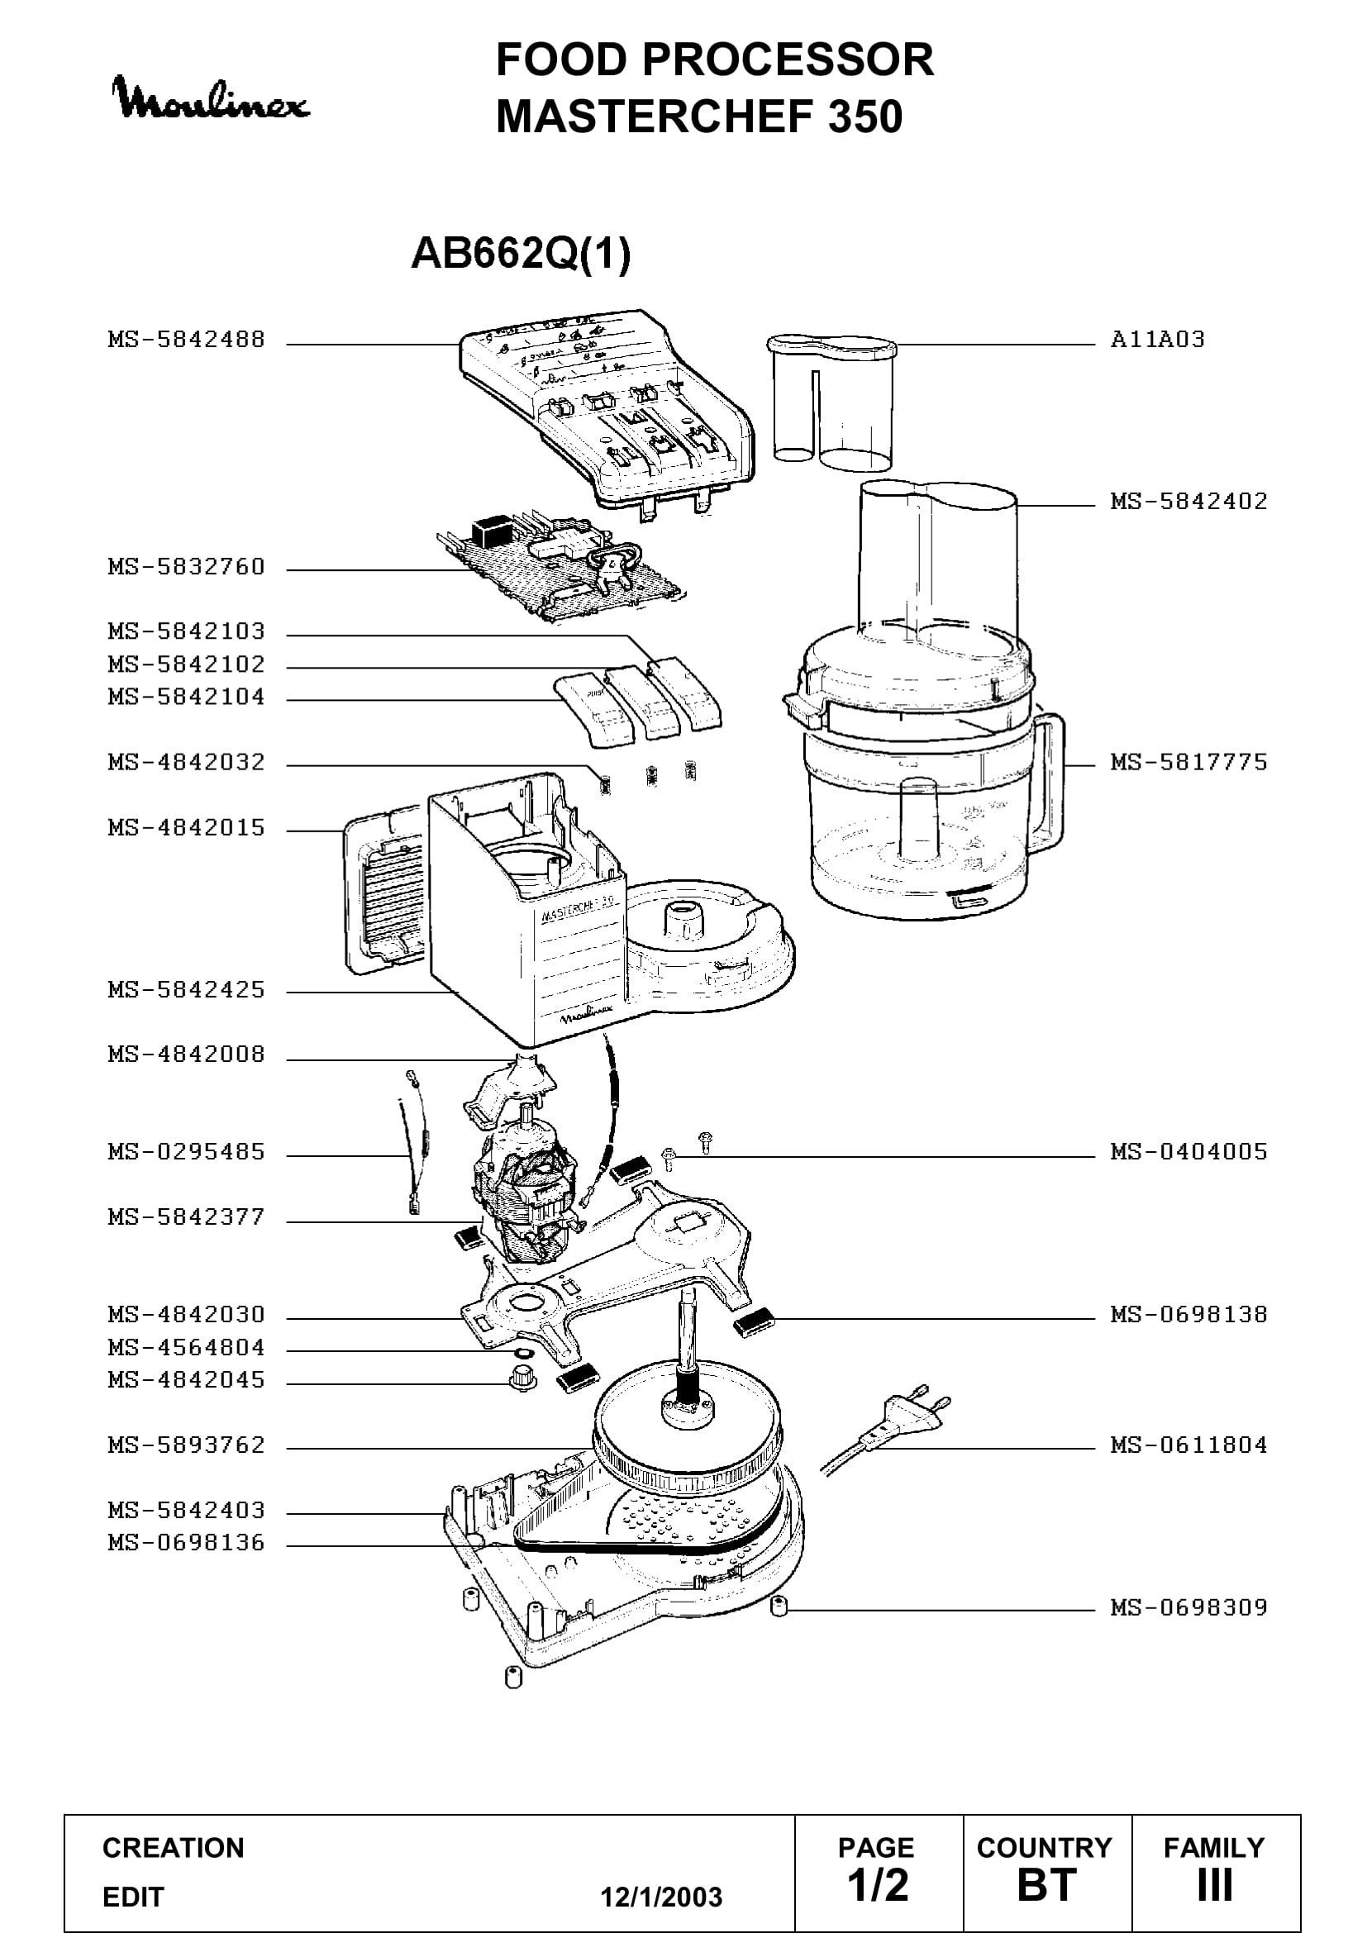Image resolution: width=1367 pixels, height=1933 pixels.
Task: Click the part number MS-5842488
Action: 186,340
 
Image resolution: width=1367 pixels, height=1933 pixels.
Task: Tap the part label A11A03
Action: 1157,340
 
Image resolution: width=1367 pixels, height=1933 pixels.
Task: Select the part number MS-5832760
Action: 186,567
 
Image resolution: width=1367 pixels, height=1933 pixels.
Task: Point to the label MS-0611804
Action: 1188,1445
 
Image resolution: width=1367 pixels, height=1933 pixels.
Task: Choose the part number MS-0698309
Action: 1188,1607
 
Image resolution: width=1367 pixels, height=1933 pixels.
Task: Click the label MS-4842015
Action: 186,827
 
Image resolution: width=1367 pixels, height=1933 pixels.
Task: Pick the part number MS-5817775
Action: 1188,762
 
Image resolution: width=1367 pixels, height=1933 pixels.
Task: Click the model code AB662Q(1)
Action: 520,254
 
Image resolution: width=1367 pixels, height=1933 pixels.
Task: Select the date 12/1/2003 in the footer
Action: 661,1897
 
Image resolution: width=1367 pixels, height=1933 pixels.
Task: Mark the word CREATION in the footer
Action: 174,1848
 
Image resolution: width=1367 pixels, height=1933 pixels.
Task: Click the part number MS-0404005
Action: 1188,1151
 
